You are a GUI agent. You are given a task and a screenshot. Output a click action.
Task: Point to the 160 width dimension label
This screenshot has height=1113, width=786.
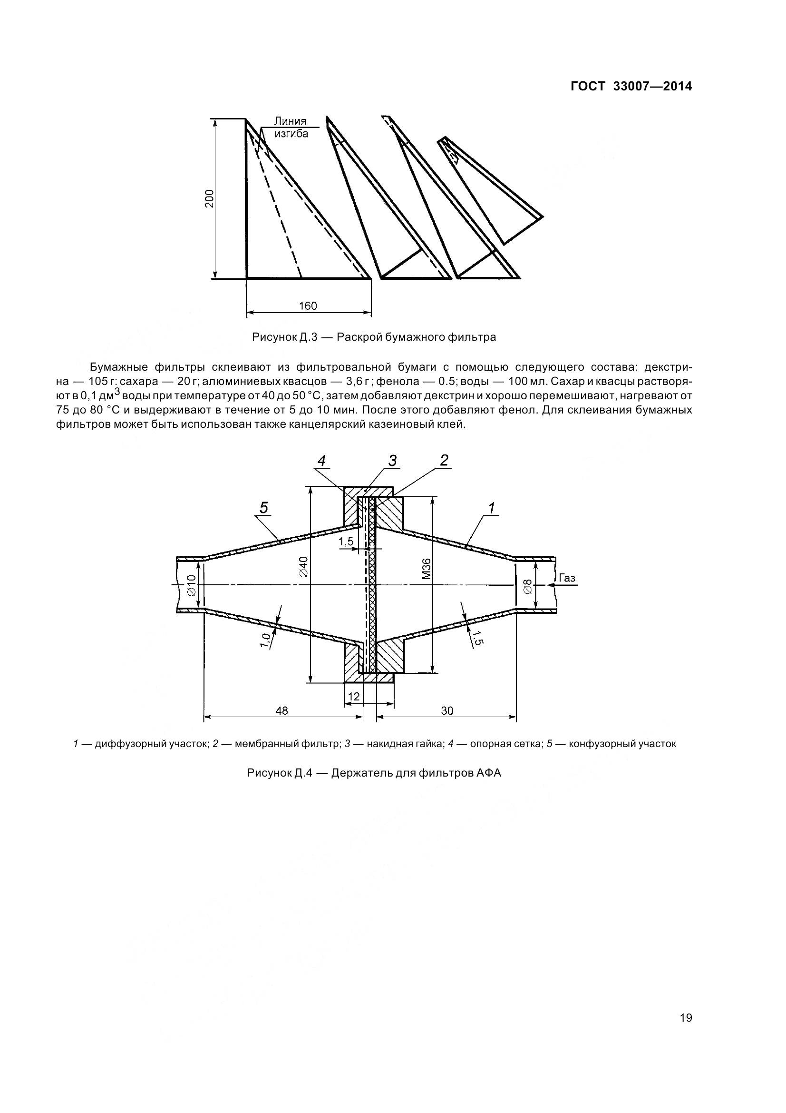308,306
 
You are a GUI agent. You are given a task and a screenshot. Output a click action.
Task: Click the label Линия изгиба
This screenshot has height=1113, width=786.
291,127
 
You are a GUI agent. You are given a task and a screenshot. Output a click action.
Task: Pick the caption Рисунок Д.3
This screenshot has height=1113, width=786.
374,337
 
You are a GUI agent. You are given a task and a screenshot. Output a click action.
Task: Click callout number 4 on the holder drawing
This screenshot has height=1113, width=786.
322,461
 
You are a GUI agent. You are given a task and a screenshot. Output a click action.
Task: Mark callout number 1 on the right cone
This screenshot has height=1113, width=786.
491,509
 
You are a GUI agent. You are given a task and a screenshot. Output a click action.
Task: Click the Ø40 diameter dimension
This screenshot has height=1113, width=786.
304,566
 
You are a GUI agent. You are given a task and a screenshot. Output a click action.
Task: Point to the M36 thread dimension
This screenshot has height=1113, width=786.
426,569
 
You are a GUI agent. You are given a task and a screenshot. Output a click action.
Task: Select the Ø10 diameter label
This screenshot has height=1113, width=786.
191,585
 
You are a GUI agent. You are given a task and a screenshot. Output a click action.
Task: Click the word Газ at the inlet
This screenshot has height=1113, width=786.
567,578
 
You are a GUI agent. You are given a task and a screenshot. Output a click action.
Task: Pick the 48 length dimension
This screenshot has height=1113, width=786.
282,710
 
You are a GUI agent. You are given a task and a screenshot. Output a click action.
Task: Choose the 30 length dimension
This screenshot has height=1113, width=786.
447,710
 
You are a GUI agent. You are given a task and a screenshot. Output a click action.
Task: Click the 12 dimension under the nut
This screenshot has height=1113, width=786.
354,697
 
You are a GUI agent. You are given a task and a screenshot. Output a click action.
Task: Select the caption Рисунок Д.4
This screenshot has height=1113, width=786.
374,773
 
